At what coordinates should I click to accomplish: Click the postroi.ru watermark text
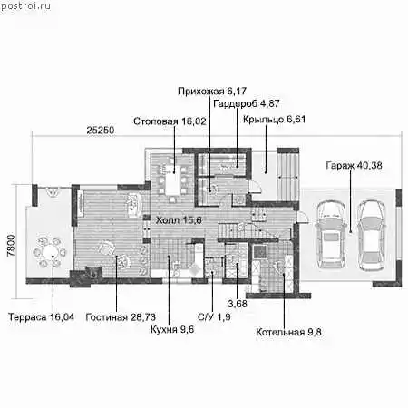coord(25,6)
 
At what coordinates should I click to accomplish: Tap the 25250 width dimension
coord(101,131)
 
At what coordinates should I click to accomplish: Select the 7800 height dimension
coord(11,246)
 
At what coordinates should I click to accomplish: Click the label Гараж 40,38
coord(354,165)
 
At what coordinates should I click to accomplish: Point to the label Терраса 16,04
coord(41,317)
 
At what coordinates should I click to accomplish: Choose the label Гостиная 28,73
coord(121,317)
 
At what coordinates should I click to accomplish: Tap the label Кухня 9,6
coord(172,329)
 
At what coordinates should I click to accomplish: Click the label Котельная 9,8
coord(288,332)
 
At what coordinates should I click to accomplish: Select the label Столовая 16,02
coord(170,121)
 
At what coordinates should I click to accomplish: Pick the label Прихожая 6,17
coord(212,91)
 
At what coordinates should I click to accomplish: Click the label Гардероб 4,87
coord(247,103)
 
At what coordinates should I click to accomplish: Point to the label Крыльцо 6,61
coord(274,120)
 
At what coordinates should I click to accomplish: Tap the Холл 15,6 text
coord(179,220)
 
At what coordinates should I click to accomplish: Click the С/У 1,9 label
coord(214,317)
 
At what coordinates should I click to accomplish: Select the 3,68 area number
coord(238,304)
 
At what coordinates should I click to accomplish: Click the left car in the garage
coord(330,234)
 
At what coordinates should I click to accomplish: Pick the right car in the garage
coord(371,234)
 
